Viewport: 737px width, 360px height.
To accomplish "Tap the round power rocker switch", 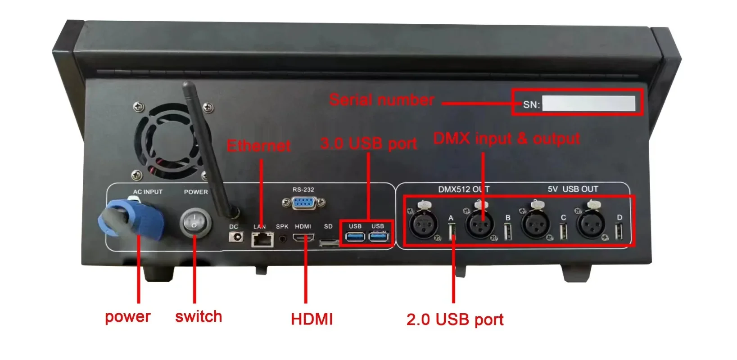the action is [195, 223].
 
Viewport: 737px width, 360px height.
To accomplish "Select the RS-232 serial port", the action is [303, 203].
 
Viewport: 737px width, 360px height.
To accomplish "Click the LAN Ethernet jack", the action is [262, 239].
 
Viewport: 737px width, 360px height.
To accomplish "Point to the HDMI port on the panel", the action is [303, 238].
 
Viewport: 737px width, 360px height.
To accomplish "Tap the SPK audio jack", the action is [283, 238].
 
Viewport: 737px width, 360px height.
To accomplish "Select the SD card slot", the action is [329, 243].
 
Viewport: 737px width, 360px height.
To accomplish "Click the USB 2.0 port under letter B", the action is [508, 232].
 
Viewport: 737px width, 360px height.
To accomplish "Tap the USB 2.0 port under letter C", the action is [563, 232].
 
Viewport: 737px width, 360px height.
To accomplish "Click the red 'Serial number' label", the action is [382, 100].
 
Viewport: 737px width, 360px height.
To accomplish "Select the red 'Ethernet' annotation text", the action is [258, 146].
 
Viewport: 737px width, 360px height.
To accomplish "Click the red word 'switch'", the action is [199, 316].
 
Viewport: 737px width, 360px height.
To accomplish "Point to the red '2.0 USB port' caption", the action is [455, 319].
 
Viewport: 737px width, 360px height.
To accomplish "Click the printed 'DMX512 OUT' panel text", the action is [464, 189].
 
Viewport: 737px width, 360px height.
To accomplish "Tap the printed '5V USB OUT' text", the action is [573, 189].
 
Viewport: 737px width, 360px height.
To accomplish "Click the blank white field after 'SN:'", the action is [588, 103].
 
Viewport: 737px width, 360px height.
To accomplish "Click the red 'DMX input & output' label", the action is [506, 139].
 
